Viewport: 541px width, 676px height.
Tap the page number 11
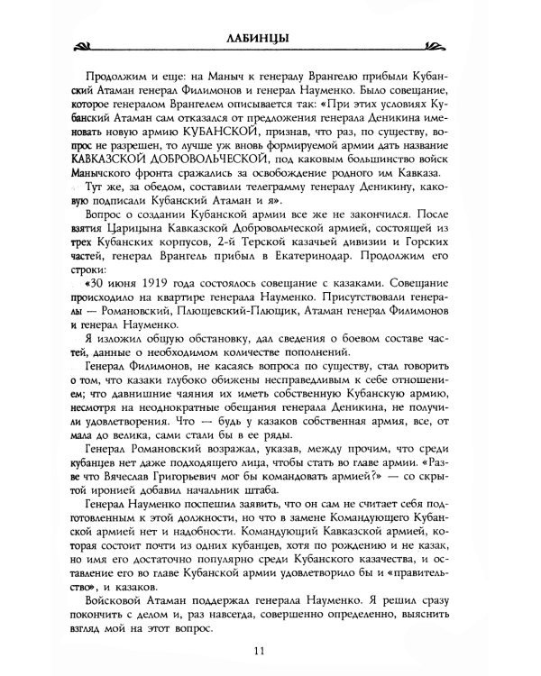[x=270, y=650]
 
